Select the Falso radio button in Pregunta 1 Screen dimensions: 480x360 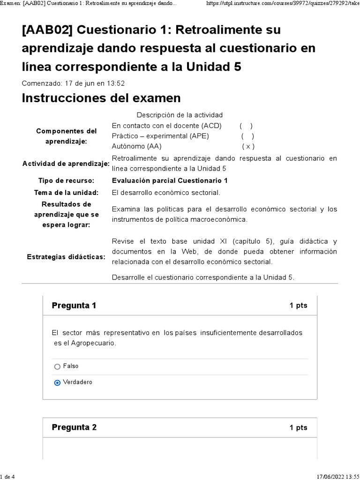[57, 367]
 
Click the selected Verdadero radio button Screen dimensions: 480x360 [57, 382]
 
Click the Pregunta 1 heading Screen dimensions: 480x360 [74, 306]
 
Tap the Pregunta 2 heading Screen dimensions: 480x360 [74, 427]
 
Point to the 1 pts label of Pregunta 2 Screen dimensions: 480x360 [298, 428]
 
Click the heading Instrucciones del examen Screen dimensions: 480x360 [101, 98]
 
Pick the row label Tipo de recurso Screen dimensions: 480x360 [66, 180]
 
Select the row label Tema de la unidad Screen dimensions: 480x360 [66, 193]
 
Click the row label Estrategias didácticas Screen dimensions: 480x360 [66, 257]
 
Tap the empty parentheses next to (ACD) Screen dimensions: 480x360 [246, 126]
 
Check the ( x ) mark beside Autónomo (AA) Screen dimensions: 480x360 [248, 146]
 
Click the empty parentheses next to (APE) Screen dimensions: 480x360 [247, 136]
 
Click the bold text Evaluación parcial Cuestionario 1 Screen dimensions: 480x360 [170, 180]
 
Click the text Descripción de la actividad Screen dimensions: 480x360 [180, 115]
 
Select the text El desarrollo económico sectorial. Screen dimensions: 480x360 [166, 193]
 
